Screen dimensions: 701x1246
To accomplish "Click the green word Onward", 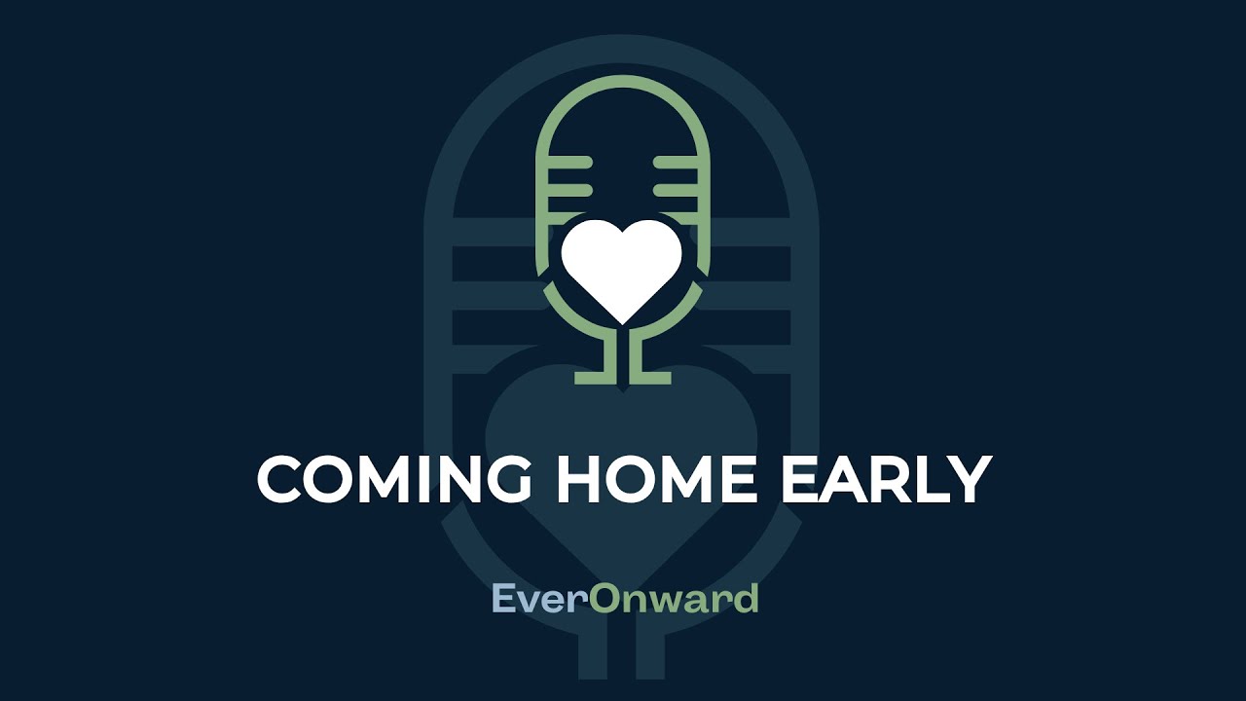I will tap(674, 599).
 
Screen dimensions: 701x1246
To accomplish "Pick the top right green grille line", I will tap(674, 160).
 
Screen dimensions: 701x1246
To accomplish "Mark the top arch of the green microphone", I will tap(623, 82).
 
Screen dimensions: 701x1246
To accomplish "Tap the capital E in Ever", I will tap(504, 599).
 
